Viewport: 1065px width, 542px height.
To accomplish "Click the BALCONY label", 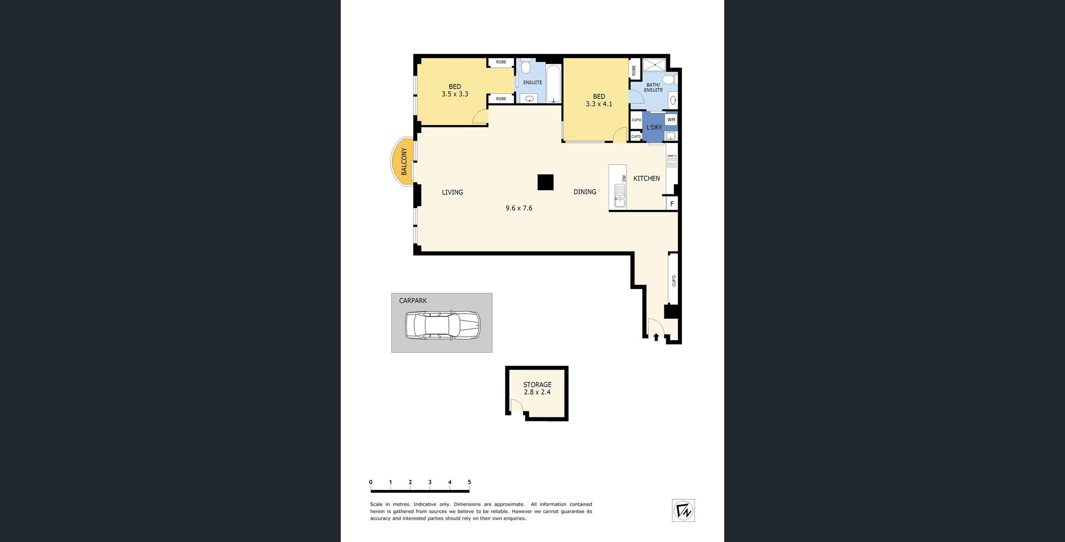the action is point(404,161).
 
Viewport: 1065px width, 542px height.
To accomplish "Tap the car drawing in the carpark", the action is point(442,325).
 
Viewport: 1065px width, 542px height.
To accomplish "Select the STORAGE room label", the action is point(537,385).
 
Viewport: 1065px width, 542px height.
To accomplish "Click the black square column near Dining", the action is point(545,182).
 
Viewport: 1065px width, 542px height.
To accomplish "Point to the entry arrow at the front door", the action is point(656,337).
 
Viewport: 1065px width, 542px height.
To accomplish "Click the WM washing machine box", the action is point(671,120).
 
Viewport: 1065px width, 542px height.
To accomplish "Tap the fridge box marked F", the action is point(672,204).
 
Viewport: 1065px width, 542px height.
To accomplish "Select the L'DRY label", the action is point(654,128).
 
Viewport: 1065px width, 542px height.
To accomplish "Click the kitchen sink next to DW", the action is point(619,195).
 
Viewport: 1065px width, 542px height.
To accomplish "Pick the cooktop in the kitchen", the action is point(671,161).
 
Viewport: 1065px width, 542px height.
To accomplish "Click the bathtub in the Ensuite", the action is point(553,84).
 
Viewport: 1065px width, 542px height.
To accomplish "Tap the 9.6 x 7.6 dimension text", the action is point(519,208).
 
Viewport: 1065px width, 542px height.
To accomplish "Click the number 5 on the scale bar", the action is point(469,482).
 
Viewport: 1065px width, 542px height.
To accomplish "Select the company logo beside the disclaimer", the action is point(683,510).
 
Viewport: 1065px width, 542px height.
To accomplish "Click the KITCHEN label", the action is point(646,179).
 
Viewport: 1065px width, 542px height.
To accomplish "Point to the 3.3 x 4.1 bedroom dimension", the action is point(599,104).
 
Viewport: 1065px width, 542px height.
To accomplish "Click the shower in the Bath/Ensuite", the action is point(654,65).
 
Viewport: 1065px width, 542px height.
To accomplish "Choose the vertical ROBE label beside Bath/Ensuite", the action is point(634,71).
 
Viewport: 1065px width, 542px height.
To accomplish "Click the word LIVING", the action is point(452,193).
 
